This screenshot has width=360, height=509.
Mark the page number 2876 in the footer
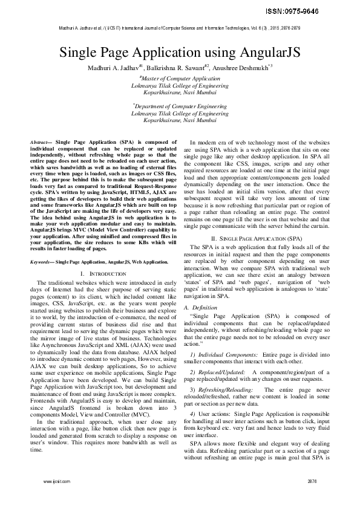point(312,482)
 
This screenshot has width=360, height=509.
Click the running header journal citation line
point(180,28)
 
